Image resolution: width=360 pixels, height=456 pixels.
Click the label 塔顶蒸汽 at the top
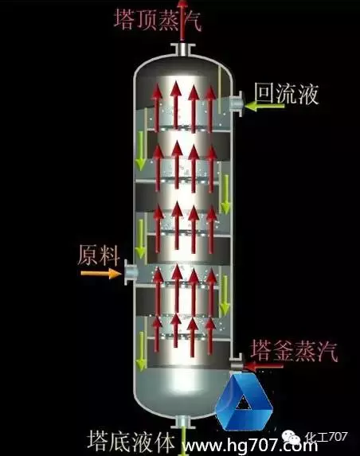tap(158, 19)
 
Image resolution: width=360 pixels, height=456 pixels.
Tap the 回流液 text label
tap(287, 94)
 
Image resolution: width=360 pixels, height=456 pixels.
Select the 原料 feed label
tap(99, 255)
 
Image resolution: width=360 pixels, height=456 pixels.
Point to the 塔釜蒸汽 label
tap(294, 350)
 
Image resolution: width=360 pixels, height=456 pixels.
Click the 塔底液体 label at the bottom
tap(131, 441)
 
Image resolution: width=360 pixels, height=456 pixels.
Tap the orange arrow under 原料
tap(100, 274)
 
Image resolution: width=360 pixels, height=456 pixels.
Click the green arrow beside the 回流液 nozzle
tap(264, 106)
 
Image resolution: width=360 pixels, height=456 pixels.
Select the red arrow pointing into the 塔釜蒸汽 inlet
tap(264, 366)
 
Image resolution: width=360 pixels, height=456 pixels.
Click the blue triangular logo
tap(244, 402)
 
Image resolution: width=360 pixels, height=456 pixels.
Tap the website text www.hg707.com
tap(250, 445)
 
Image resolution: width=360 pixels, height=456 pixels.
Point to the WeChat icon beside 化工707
tap(291, 436)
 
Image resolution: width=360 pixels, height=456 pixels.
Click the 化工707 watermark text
tap(327, 437)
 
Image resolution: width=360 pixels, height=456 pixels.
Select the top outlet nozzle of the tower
tap(182, 49)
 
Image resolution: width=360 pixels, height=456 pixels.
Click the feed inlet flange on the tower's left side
tap(130, 272)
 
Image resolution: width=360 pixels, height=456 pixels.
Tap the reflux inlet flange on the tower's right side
tap(237, 103)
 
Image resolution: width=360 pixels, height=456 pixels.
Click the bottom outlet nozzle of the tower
tap(182, 422)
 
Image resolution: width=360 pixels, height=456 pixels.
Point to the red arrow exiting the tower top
tap(182, 21)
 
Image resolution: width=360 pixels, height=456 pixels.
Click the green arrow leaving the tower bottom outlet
tap(183, 442)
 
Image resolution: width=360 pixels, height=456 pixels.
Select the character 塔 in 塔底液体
tap(98, 441)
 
